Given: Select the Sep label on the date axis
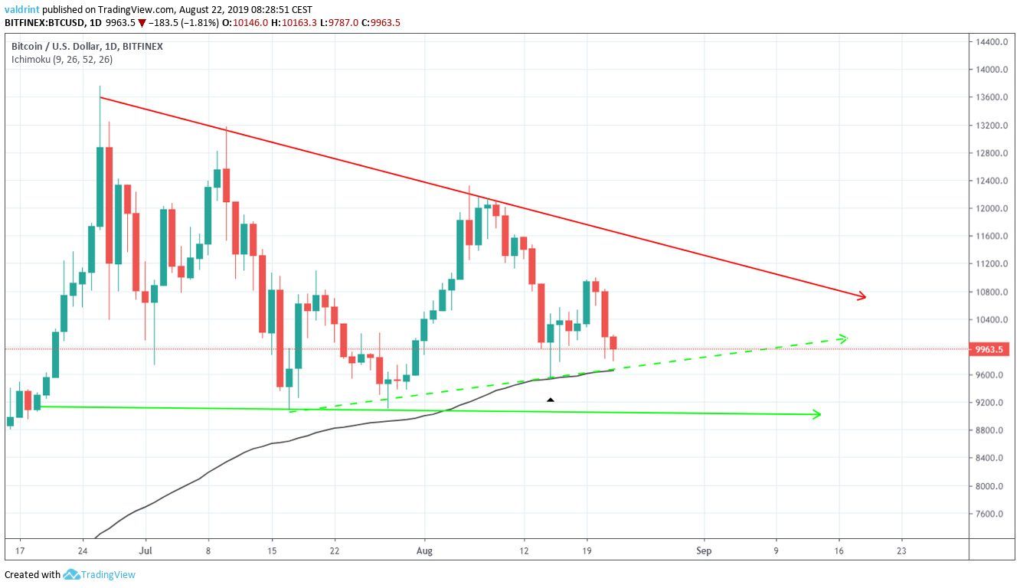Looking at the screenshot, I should pyautogui.click(x=705, y=550).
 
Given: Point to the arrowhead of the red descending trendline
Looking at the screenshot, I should pyautogui.click(x=862, y=296).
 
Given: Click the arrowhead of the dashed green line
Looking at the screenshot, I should pyautogui.click(x=843, y=338).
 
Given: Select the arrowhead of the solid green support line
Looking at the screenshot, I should pyautogui.click(x=817, y=415).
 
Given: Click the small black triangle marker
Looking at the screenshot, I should pyautogui.click(x=550, y=400).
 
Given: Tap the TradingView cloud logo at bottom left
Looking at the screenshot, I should pyautogui.click(x=72, y=574).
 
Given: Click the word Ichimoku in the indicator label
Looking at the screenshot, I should pyautogui.click(x=29, y=60).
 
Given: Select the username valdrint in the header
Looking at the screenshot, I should pyautogui.click(x=21, y=9).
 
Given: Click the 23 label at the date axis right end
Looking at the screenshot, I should pyautogui.click(x=901, y=550).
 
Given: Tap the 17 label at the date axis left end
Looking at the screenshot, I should pyautogui.click(x=18, y=550).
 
